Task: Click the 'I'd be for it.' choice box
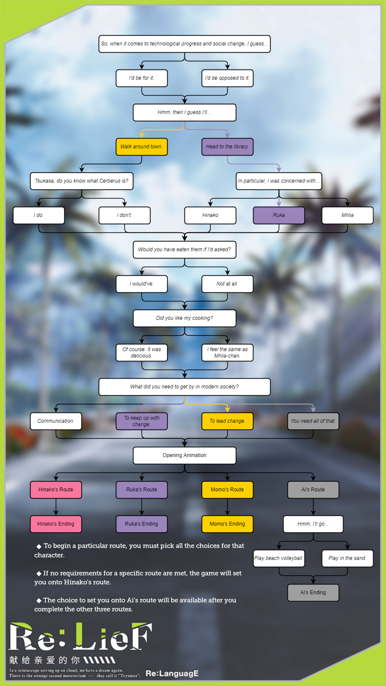pos(142,78)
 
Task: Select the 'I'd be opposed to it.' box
pos(227,78)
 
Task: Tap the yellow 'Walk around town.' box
pos(142,147)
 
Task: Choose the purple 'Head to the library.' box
pos(227,147)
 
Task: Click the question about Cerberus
pos(81,181)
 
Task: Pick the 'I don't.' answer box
pos(124,215)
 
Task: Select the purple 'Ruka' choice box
pos(279,215)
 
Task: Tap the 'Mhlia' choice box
pos(347,215)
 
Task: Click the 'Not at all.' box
pos(227,284)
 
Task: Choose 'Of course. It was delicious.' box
pos(142,352)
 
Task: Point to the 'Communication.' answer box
pos(56,421)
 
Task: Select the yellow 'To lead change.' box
pos(227,421)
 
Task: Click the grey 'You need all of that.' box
pos(313,421)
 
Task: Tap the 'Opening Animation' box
pos(184,455)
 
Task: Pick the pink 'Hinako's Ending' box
pos(56,524)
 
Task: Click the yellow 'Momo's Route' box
pos(227,490)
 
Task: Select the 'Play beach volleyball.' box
pos(279,558)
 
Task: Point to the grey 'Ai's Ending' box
pos(313,593)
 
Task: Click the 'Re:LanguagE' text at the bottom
pos(172,674)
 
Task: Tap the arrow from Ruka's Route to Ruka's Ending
pos(142,507)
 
